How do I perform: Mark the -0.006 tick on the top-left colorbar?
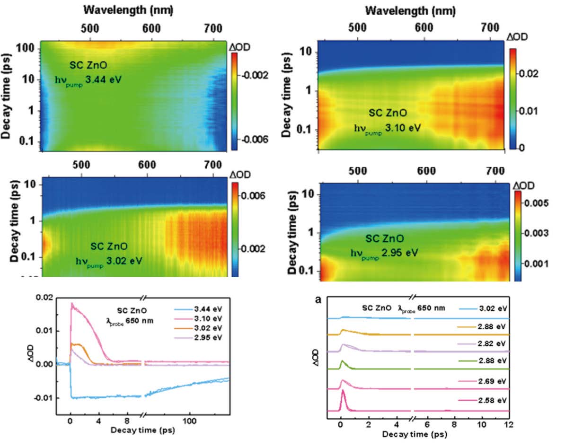click(x=247, y=140)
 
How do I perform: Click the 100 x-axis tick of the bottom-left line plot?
click(x=190, y=421)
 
